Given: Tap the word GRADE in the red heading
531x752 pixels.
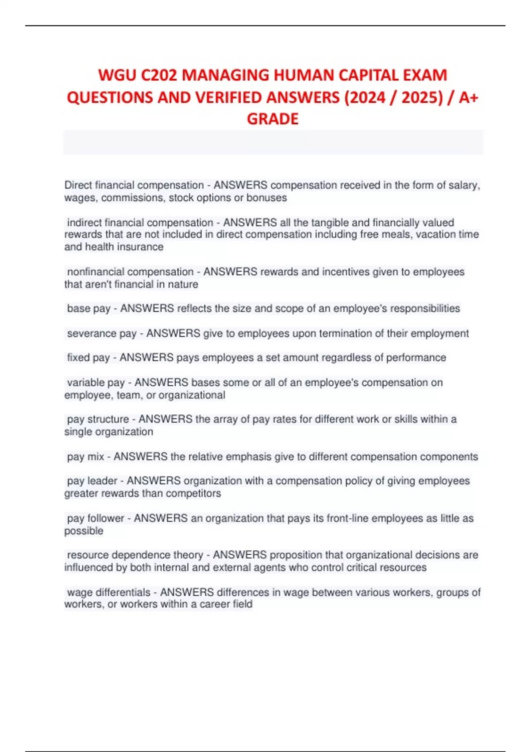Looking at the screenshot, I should coord(273,119).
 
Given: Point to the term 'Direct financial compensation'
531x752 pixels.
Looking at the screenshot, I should coord(134,185).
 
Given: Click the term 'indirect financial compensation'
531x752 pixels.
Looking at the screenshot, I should coord(140,223).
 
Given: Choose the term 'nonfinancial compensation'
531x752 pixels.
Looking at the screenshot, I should coord(130,272).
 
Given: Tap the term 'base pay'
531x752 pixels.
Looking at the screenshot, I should coord(88,308).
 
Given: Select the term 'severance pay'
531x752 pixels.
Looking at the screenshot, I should coord(102,334).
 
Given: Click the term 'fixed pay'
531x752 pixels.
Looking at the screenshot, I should coord(88,357).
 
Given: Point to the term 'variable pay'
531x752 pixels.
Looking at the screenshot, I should coord(96,383).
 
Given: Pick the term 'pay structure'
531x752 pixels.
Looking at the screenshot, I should coord(98,419).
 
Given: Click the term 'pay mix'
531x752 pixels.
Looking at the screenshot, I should coord(85,457).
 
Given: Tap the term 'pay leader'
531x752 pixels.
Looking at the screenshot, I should coord(92,481).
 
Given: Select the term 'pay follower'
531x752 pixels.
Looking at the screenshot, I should coord(96,518).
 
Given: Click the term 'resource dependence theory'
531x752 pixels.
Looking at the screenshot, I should coord(135,555).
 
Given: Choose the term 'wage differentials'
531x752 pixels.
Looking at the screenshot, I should coord(108,592).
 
